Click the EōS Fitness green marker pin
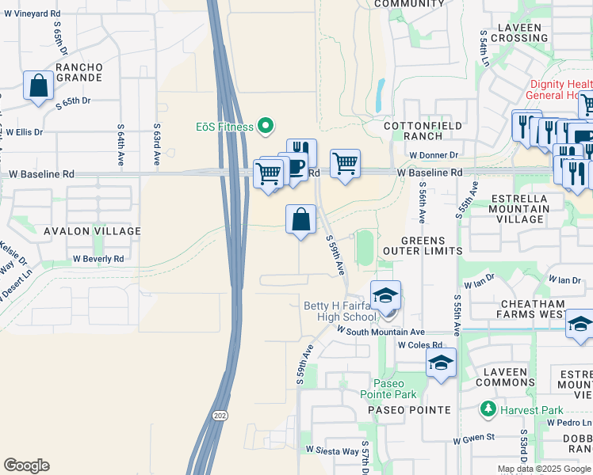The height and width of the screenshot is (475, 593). coord(266,126)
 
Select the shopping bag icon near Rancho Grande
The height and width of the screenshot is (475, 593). coord(38,86)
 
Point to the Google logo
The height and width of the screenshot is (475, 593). coord(26,465)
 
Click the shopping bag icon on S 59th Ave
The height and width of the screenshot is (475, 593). coord(301,219)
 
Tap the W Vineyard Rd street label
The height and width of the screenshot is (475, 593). coord(33,14)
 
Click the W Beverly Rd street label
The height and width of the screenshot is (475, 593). coord(98,259)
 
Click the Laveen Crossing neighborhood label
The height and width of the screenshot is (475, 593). coord(519,32)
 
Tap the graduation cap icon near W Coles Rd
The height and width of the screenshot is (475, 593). coord(442,363)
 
